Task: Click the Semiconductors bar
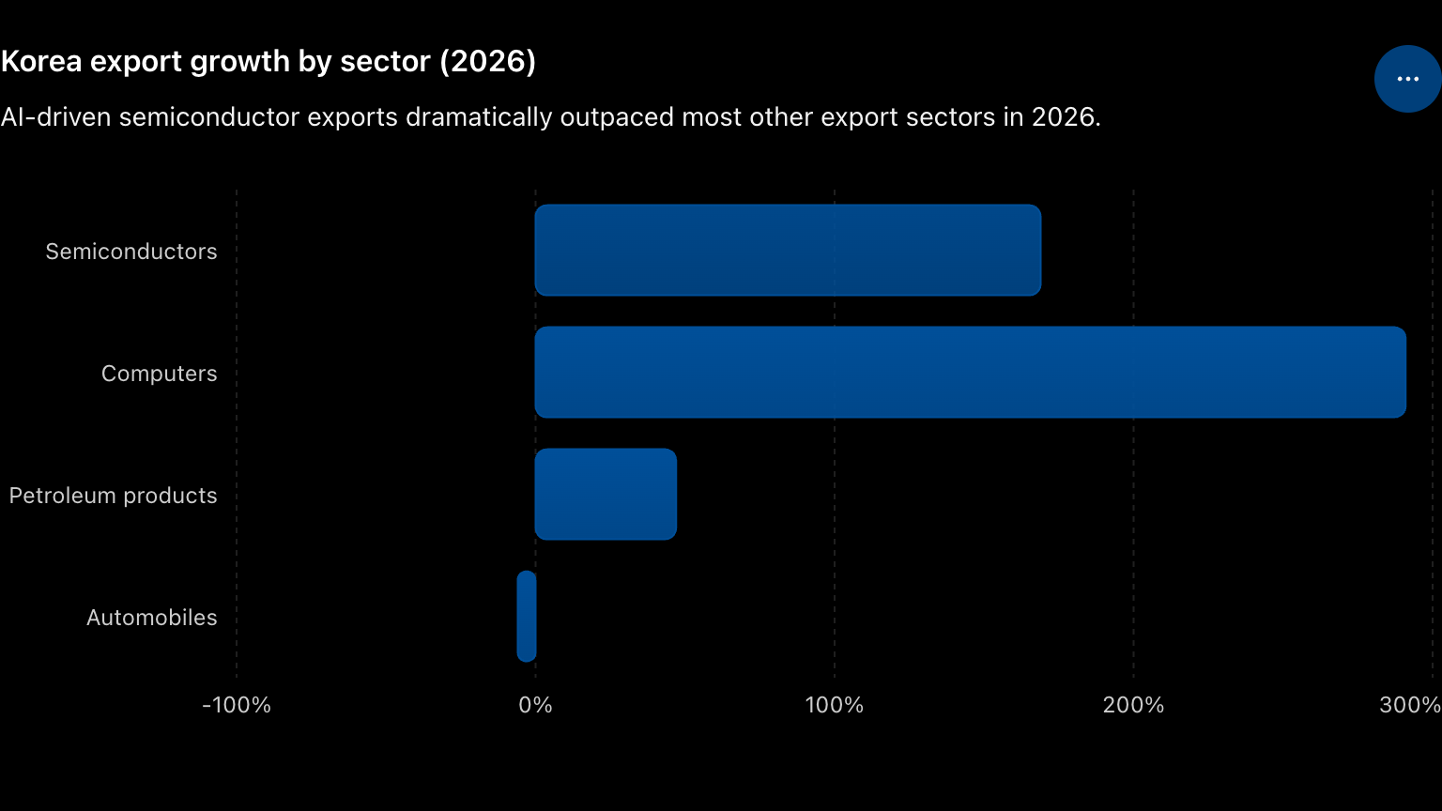[x=788, y=251]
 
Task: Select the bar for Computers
[x=970, y=372]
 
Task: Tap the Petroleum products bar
[x=606, y=495]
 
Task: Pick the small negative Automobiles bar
[x=527, y=616]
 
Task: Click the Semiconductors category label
[x=131, y=251]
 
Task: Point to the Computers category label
[x=159, y=374]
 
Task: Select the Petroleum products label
[x=114, y=496]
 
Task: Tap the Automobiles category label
[x=152, y=618]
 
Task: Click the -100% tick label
[x=237, y=705]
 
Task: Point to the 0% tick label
[x=536, y=705]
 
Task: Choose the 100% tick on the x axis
[x=835, y=705]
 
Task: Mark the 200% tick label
[x=1134, y=705]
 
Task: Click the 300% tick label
[x=1410, y=705]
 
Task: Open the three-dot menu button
[x=1408, y=79]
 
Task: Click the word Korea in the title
[x=42, y=61]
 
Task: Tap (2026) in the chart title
[x=488, y=62]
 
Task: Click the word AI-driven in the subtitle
[x=56, y=117]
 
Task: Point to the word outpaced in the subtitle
[x=618, y=117]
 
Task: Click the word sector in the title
[x=385, y=62]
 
